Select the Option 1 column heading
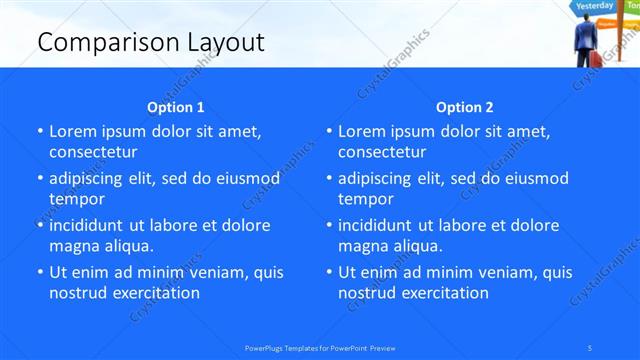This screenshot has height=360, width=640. [176, 107]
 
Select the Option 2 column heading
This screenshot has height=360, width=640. [465, 107]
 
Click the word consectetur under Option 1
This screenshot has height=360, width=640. [93, 152]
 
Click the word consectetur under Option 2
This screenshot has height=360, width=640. [382, 152]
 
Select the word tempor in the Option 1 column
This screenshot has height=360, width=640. [77, 199]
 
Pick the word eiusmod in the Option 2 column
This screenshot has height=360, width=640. [534, 179]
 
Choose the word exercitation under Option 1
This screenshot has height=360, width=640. [154, 293]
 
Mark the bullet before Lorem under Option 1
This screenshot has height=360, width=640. [40, 131]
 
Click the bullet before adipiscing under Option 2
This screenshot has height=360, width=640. [329, 179]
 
